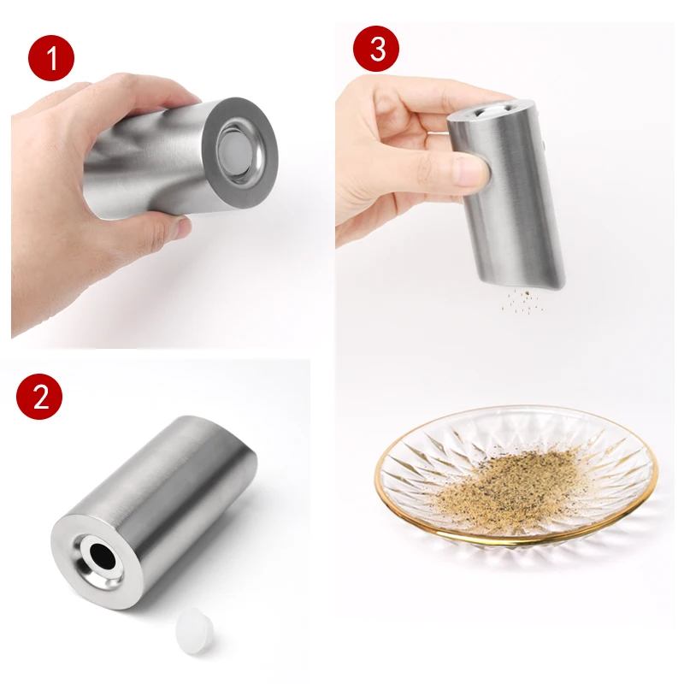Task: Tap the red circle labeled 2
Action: [39, 396]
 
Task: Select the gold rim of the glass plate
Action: [513, 540]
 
